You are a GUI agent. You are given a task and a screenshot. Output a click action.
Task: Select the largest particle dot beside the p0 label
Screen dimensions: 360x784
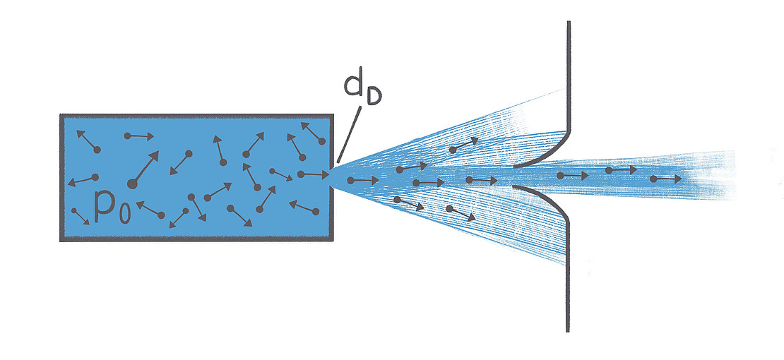tap(131, 184)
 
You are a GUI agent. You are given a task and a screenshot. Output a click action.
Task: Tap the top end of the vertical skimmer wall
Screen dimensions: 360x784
tap(568, 24)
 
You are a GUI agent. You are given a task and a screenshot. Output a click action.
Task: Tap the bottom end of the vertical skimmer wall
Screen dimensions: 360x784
tap(568, 329)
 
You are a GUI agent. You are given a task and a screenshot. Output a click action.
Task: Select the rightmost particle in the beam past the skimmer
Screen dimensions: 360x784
tap(653, 179)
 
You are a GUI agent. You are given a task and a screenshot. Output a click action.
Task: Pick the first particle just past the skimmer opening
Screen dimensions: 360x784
tap(560, 175)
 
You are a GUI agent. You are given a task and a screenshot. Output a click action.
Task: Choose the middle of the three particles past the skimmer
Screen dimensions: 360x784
tap(608, 170)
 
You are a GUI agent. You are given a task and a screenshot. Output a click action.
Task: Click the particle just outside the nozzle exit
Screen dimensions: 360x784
tap(350, 181)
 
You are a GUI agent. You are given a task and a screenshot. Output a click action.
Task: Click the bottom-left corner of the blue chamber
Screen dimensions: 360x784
tap(62, 239)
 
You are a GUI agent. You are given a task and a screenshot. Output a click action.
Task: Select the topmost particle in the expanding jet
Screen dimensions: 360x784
tap(453, 150)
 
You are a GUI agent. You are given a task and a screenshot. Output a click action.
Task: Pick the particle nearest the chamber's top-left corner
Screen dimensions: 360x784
tap(97, 149)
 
